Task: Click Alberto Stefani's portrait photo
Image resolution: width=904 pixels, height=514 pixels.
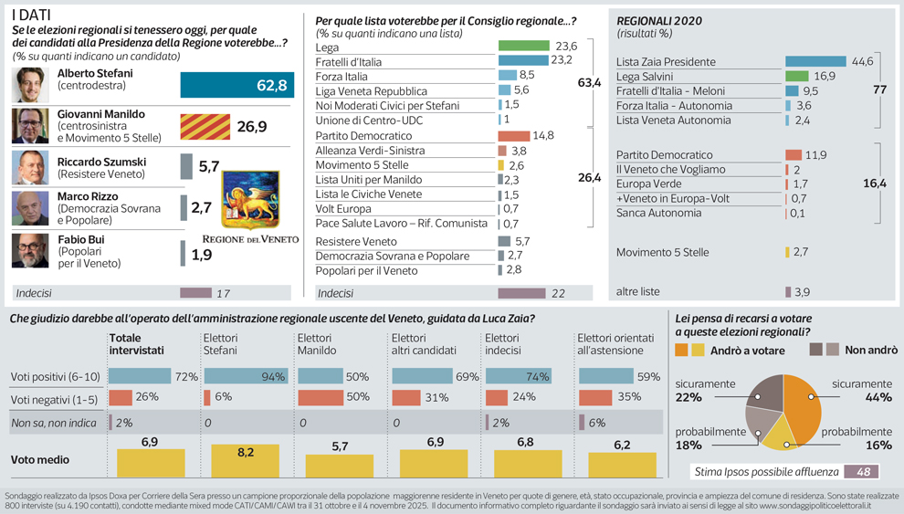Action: point(30,85)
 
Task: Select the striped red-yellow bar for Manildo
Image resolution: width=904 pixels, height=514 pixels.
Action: point(205,126)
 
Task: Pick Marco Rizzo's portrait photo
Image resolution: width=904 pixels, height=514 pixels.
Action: point(30,208)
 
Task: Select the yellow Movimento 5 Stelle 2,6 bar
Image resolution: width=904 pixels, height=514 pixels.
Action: point(501,165)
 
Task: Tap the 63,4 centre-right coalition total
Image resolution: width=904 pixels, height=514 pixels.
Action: point(589,83)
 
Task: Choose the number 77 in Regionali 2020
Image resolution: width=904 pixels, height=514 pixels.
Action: point(879,90)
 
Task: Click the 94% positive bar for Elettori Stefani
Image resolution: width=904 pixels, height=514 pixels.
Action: point(242,376)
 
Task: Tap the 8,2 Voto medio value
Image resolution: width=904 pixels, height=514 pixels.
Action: point(245,451)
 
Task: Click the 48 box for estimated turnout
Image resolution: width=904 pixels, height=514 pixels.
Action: point(861,472)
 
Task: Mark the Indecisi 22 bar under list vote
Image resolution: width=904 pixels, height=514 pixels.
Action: point(521,293)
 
